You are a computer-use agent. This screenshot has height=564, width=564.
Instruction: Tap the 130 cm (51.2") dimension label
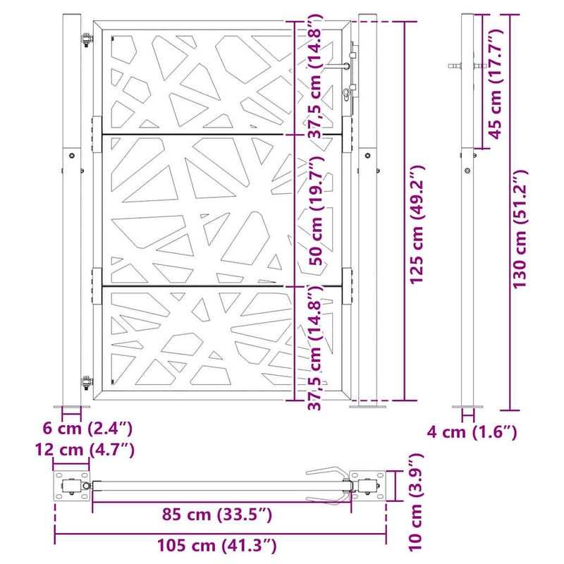point(520,229)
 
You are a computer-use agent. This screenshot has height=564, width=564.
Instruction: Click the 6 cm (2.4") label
point(87,427)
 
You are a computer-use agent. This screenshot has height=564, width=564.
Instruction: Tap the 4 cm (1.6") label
point(472,431)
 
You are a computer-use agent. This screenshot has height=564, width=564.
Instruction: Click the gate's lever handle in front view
point(338,66)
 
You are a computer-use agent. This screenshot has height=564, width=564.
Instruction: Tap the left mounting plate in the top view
point(71,486)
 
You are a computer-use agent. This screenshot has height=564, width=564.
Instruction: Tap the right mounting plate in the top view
point(367,486)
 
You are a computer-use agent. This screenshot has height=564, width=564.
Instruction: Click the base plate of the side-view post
point(467,407)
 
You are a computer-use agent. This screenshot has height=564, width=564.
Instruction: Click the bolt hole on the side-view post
point(467,169)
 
